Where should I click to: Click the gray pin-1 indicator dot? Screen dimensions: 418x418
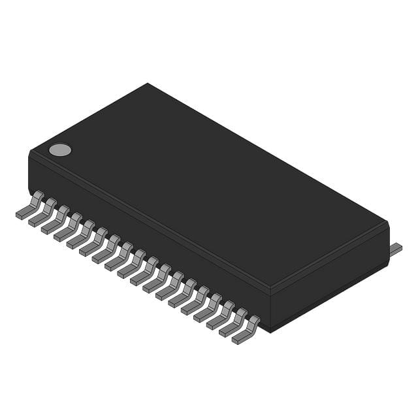click(60, 150)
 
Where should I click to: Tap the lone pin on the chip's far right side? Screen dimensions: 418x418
click(396, 249)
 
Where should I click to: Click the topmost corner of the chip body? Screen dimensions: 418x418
click(148, 84)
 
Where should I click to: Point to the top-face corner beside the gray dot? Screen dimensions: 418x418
click(30, 152)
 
